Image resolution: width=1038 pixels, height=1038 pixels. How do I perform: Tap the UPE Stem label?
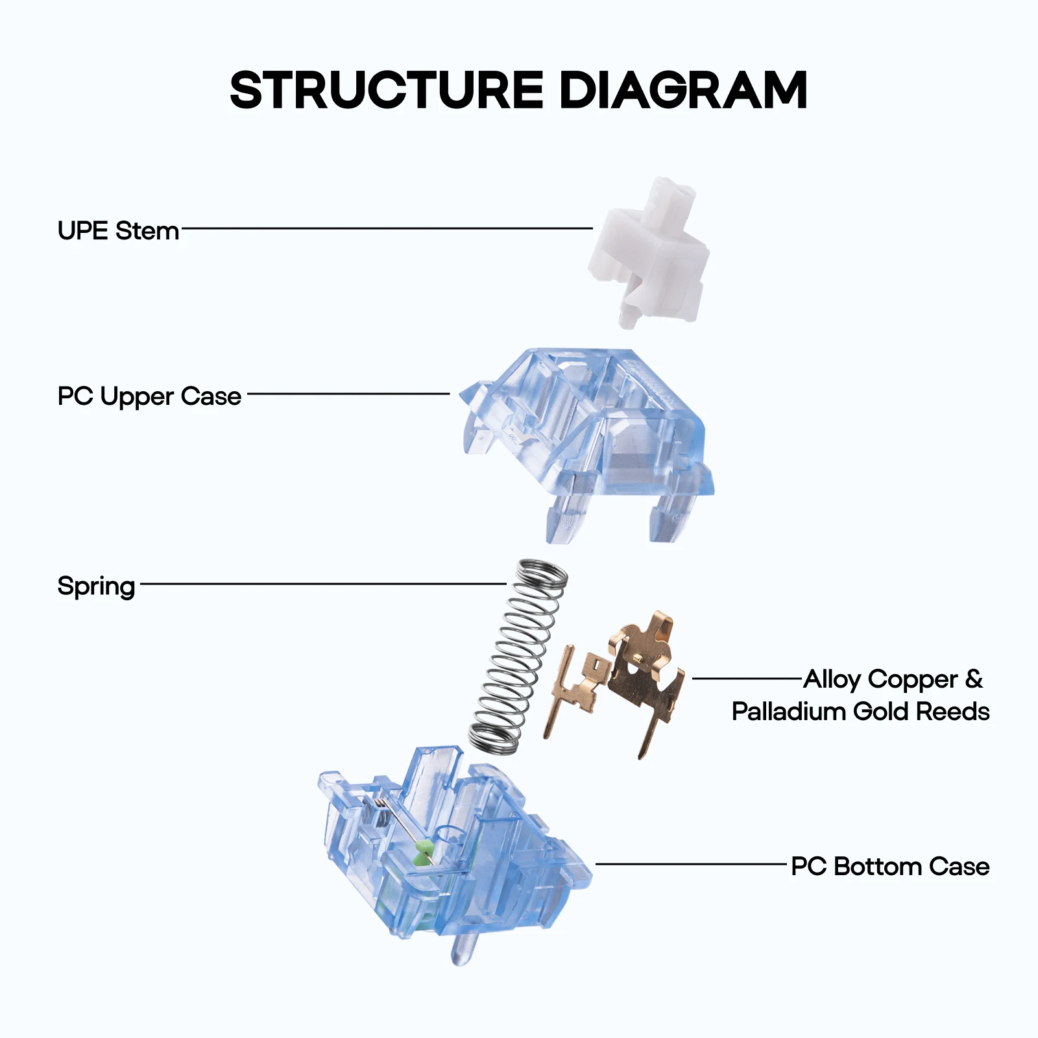[118, 230]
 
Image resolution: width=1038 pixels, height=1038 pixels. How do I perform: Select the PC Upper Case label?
[149, 396]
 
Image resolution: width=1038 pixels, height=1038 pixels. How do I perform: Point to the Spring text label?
[96, 586]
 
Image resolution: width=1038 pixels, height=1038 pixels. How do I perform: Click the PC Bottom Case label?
[890, 866]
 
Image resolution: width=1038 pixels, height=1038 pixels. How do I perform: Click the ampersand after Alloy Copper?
[974, 679]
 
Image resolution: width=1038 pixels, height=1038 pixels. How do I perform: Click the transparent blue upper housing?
[587, 441]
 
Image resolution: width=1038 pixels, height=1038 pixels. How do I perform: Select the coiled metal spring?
[518, 657]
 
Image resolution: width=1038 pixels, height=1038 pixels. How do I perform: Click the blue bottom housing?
[454, 850]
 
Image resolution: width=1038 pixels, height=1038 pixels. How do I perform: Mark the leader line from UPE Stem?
[387, 228]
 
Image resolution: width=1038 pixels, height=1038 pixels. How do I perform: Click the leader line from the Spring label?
[323, 584]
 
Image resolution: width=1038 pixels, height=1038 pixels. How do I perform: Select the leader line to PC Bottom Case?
[691, 864]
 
